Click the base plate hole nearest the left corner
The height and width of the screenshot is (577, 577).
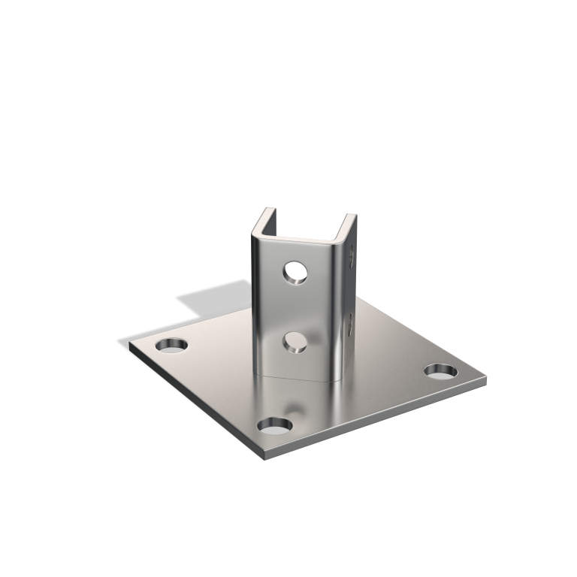(171, 346)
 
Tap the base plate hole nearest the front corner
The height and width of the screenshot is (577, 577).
(275, 426)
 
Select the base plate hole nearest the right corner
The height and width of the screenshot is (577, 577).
(440, 370)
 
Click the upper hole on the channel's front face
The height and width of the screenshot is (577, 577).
(295, 271)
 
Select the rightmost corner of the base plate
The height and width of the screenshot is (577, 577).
(485, 379)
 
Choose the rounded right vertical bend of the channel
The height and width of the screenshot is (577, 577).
(336, 308)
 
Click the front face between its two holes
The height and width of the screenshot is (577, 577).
(295, 308)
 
